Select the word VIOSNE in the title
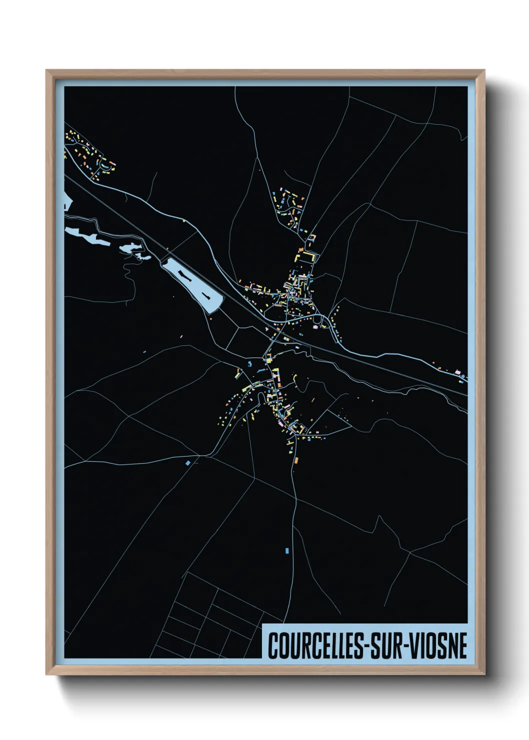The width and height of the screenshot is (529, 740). tap(440, 645)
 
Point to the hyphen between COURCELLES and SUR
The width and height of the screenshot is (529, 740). tap(371, 646)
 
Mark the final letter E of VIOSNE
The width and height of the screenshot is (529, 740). tap(462, 645)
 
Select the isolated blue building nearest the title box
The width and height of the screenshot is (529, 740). tap(287, 550)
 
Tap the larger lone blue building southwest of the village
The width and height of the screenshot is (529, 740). tap(188, 463)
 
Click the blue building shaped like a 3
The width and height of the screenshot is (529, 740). tap(250, 364)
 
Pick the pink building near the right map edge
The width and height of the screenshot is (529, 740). tap(456, 372)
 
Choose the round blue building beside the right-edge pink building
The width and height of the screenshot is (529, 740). tap(464, 376)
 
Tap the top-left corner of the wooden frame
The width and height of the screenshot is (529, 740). tap(46, 70)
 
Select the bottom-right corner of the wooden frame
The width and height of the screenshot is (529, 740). tap(484, 674)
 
